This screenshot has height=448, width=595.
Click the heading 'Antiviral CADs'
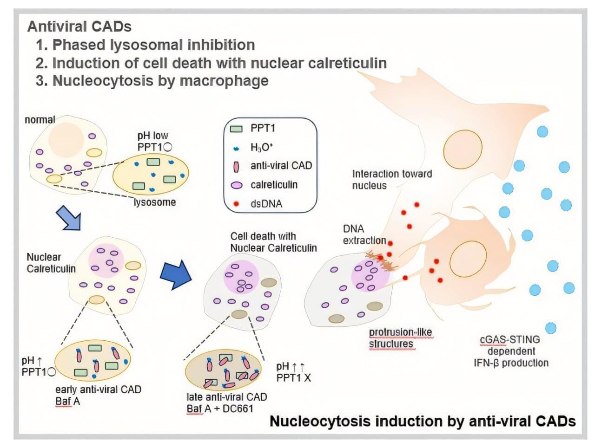pyautogui.click(x=79, y=26)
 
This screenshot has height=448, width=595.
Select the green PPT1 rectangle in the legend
pyautogui.click(x=237, y=129)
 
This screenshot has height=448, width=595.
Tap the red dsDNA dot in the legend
pyautogui.click(x=237, y=204)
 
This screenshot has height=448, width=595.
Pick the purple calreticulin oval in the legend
pyautogui.click(x=237, y=185)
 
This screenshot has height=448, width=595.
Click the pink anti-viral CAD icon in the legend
pyautogui.click(x=237, y=166)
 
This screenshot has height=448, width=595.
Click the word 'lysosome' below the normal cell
pyautogui.click(x=155, y=202)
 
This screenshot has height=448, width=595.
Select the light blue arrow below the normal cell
pyautogui.click(x=69, y=218)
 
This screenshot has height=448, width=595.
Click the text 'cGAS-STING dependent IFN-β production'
pyautogui.click(x=511, y=351)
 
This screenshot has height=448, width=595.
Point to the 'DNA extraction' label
pyautogui.click(x=364, y=234)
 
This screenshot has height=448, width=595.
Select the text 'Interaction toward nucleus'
pyautogui.click(x=391, y=180)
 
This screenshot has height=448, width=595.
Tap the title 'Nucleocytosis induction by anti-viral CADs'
pyautogui.click(x=423, y=421)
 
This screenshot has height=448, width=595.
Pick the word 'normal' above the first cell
pyautogui.click(x=40, y=120)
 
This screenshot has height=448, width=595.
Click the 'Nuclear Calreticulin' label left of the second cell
pyautogui.click(x=51, y=263)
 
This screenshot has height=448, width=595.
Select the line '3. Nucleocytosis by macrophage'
pyautogui.click(x=152, y=81)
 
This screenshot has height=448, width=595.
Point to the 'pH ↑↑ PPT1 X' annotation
pyautogui.click(x=293, y=372)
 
